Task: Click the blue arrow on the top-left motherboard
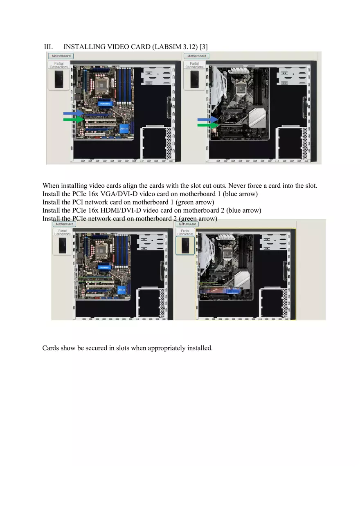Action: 73,113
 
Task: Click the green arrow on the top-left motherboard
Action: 73,119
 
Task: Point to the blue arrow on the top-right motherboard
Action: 208,119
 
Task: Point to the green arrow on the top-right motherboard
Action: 208,125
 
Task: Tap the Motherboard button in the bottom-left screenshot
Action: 64,224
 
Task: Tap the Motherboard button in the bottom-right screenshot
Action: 187,224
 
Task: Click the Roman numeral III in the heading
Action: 49,47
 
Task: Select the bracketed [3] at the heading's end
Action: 203,47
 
